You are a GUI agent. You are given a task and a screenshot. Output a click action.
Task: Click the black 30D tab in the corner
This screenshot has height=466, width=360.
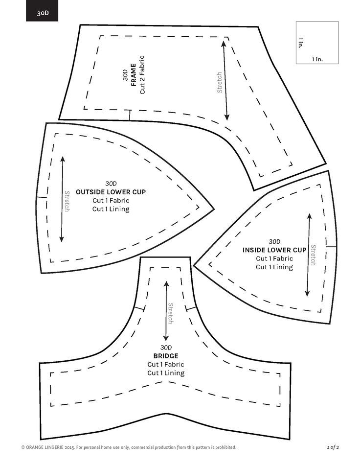pyautogui.click(x=42, y=11)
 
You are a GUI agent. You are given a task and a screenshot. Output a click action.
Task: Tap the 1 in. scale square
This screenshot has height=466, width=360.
pyautogui.click(x=317, y=43)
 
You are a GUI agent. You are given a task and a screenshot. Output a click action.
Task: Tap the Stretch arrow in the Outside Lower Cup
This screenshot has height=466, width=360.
pyautogui.click(x=62, y=199)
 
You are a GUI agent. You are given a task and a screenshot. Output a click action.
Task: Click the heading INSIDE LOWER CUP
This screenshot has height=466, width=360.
pyautogui.click(x=274, y=250)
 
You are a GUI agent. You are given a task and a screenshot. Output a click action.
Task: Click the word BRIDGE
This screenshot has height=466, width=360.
pyautogui.click(x=165, y=356)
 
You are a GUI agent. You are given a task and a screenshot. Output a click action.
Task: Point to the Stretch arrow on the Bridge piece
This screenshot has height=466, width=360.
pyautogui.click(x=166, y=311)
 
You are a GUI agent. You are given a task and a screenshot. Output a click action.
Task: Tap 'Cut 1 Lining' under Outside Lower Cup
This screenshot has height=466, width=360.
pyautogui.click(x=111, y=210)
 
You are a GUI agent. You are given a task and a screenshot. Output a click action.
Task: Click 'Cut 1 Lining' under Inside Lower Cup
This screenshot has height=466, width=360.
pyautogui.click(x=274, y=267)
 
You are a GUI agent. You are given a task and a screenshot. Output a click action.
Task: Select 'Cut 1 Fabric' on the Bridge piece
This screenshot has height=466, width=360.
pyautogui.click(x=165, y=365)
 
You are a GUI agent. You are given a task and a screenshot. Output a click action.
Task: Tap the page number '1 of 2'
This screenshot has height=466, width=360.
pyautogui.click(x=333, y=447)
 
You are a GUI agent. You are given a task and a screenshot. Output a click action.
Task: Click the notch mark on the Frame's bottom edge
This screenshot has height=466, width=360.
pyautogui.click(x=130, y=115)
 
